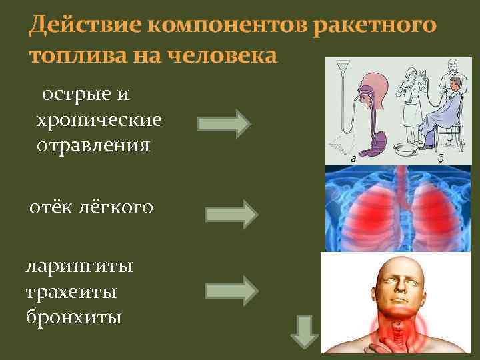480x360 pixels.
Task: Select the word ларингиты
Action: [79, 267]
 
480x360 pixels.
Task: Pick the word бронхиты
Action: [73, 316]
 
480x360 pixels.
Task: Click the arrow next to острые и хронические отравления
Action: [224, 123]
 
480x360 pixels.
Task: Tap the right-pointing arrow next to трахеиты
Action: [231, 290]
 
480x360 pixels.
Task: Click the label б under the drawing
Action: [439, 159]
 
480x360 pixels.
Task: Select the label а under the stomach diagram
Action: [353, 159]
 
